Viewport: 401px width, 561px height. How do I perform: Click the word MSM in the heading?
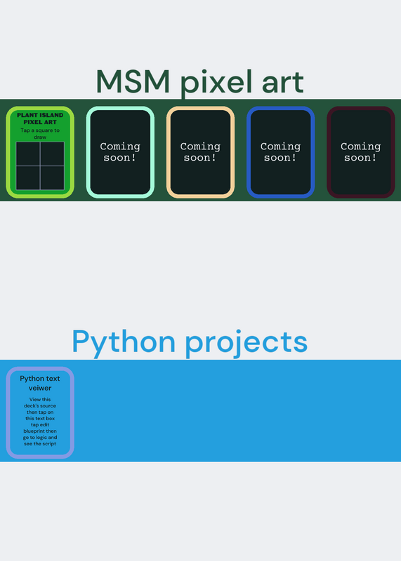pyautogui.click(x=133, y=81)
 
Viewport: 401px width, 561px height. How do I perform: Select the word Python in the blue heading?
pyautogui.click(x=124, y=342)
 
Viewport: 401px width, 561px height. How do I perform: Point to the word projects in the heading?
pyautogui.click(x=246, y=343)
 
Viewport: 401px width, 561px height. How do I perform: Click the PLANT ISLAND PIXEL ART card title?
pyautogui.click(x=40, y=119)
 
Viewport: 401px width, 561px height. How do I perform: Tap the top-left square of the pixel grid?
pyautogui.click(x=28, y=154)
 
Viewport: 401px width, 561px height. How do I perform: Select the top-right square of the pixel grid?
pyautogui.click(x=53, y=154)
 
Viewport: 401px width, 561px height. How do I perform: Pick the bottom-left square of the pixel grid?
pyautogui.click(x=28, y=178)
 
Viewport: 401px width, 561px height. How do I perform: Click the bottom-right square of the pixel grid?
pyautogui.click(x=53, y=178)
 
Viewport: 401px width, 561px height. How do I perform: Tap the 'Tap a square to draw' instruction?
pyautogui.click(x=40, y=133)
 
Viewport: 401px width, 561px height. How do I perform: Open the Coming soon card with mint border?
pyautogui.click(x=120, y=152)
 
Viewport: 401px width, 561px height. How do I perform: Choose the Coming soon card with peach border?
pyautogui.click(x=200, y=152)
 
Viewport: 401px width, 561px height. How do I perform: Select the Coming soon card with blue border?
pyautogui.click(x=281, y=152)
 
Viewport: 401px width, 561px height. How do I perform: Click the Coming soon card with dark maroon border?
pyautogui.click(x=361, y=152)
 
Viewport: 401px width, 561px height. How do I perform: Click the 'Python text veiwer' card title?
pyautogui.click(x=40, y=383)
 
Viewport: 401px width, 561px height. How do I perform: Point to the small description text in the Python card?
pyautogui.click(x=40, y=421)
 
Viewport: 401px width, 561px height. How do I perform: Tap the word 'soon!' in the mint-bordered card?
pyautogui.click(x=120, y=158)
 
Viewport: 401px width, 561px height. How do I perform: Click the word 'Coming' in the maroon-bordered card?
pyautogui.click(x=360, y=147)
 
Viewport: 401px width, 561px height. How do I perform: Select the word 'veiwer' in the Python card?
pyautogui.click(x=40, y=388)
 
